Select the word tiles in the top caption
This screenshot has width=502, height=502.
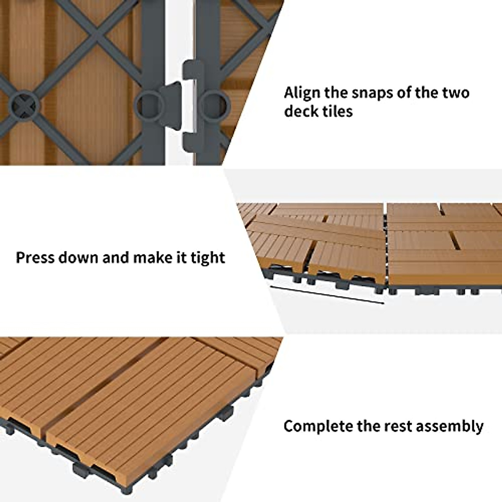(336, 111)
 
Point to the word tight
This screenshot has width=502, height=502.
(208, 258)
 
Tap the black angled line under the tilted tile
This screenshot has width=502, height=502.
(326, 295)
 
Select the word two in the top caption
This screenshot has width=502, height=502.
(456, 93)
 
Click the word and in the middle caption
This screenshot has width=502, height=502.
(116, 257)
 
